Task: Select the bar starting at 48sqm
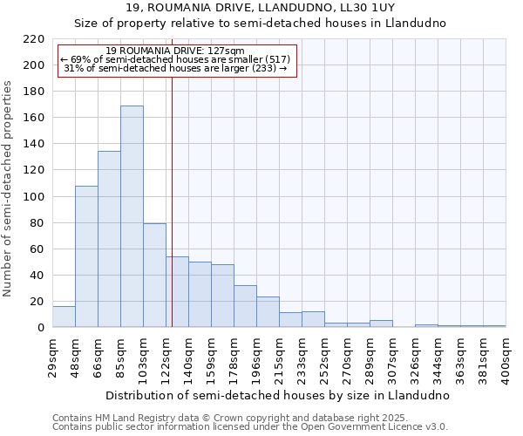pyautogui.click(x=86, y=256)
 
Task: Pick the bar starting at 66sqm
pyautogui.click(x=109, y=239)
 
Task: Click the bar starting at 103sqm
pyautogui.click(x=154, y=276)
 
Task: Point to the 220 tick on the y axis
pyautogui.click(x=33, y=39)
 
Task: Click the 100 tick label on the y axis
pyautogui.click(x=33, y=196)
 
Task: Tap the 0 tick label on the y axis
pyautogui.click(x=40, y=328)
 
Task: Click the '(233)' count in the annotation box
pyautogui.click(x=263, y=68)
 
